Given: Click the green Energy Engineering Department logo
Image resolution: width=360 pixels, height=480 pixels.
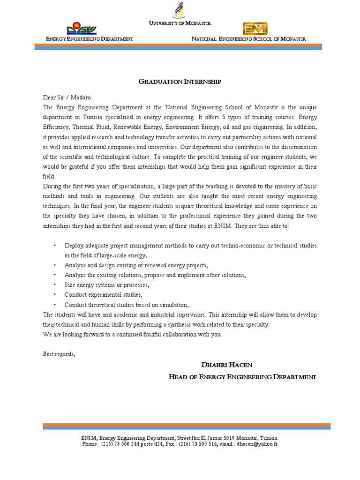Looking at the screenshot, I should point(82,28).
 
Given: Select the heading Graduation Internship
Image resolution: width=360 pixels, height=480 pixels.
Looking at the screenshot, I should point(180,82).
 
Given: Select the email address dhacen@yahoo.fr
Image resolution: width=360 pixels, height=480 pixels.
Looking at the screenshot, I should point(257,443).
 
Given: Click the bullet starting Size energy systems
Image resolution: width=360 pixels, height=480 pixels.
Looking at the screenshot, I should point(107,285).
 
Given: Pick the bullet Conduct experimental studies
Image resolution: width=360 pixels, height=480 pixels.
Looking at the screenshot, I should point(103,295).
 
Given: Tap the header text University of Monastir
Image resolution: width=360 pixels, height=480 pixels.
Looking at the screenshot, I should point(180,22).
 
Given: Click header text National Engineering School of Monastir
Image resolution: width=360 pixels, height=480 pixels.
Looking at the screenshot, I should point(248,39).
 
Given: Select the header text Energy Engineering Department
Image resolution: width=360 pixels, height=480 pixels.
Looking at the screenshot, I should point(89,39).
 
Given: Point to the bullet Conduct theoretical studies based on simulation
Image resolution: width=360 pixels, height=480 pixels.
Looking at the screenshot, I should point(127,305).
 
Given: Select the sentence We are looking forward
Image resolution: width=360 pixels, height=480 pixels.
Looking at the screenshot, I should point(132,334).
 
